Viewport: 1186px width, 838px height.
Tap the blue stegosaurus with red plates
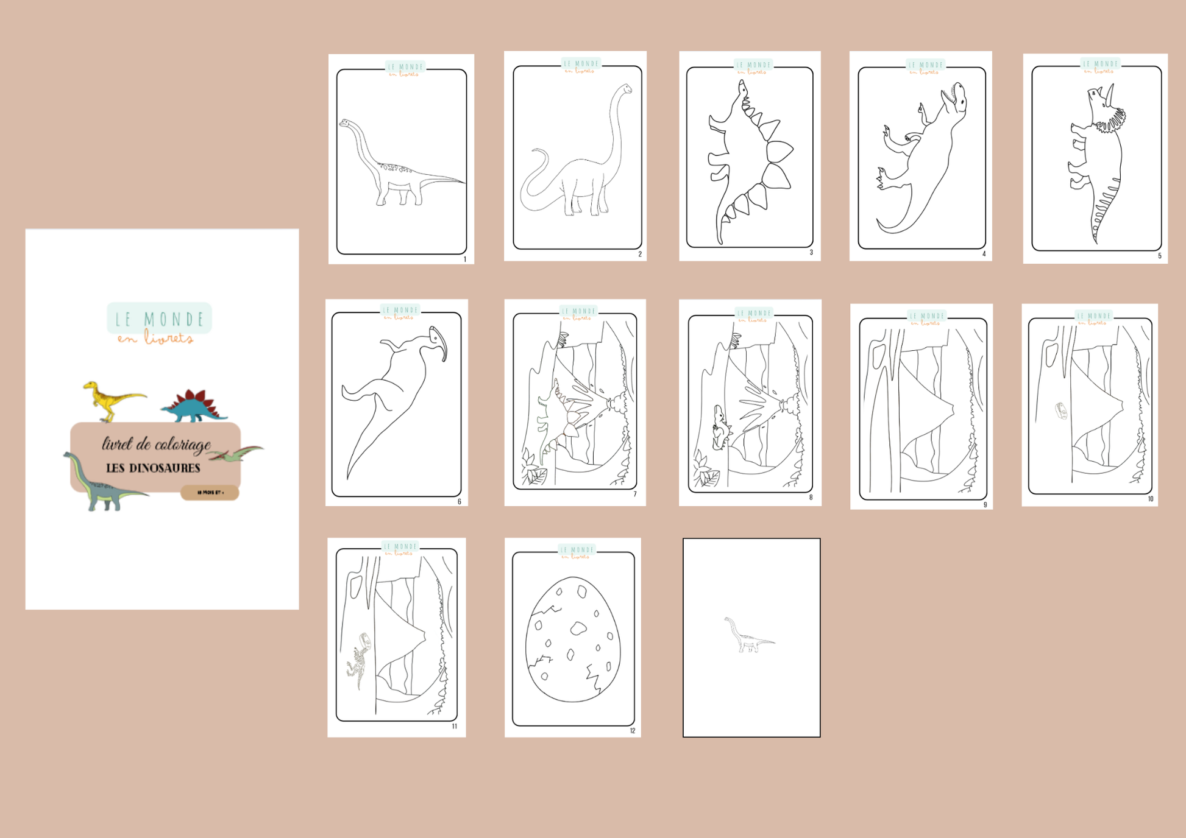tap(194, 407)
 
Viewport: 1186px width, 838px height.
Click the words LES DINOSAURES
tap(153, 468)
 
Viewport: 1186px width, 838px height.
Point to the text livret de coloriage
tap(156, 444)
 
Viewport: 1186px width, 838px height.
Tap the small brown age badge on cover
tap(210, 492)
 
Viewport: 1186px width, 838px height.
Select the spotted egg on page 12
tap(572, 639)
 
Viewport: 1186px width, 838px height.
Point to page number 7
tap(635, 495)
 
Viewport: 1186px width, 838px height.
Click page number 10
tap(1151, 499)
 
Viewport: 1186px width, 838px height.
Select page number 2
tap(640, 254)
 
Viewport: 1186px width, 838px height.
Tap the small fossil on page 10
tap(1061, 411)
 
